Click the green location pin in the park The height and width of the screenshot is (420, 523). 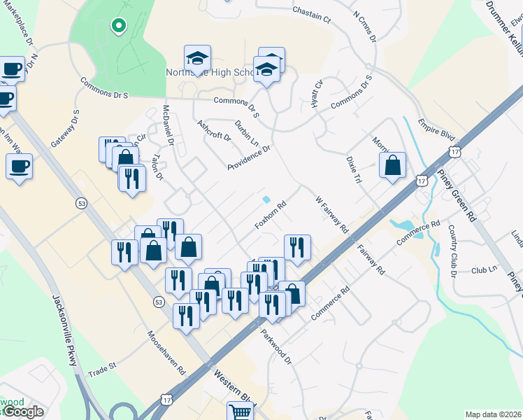point(118,27)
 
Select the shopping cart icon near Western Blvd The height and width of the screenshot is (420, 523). point(239,412)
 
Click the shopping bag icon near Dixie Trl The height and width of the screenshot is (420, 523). point(393,165)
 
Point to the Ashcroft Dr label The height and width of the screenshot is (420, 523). point(214,131)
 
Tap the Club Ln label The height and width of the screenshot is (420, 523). point(484,269)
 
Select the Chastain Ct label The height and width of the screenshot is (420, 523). point(311,14)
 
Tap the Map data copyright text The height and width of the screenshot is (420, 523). point(493,414)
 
